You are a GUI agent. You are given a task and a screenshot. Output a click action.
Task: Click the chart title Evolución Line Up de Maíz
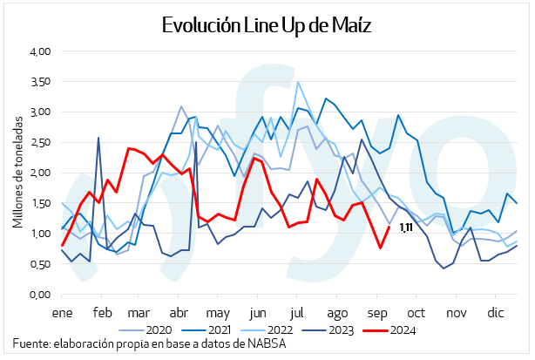pyautogui.click(x=267, y=25)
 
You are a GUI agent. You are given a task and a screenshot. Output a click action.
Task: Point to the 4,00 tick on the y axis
pyautogui.click(x=40, y=51)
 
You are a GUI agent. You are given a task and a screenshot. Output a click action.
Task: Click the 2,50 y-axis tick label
pyautogui.click(x=40, y=143)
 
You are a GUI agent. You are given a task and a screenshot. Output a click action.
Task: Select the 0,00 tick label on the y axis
pyautogui.click(x=40, y=295)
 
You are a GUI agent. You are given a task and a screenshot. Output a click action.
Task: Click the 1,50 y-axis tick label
pyautogui.click(x=40, y=203)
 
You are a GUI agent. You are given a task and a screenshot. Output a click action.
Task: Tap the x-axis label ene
pyautogui.click(x=62, y=311)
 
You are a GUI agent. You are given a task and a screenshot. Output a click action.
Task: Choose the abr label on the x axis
pyautogui.click(x=178, y=311)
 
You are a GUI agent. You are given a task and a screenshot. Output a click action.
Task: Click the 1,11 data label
pyautogui.click(x=405, y=228)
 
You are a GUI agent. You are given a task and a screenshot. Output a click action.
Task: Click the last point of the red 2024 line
pyautogui.click(x=389, y=227)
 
